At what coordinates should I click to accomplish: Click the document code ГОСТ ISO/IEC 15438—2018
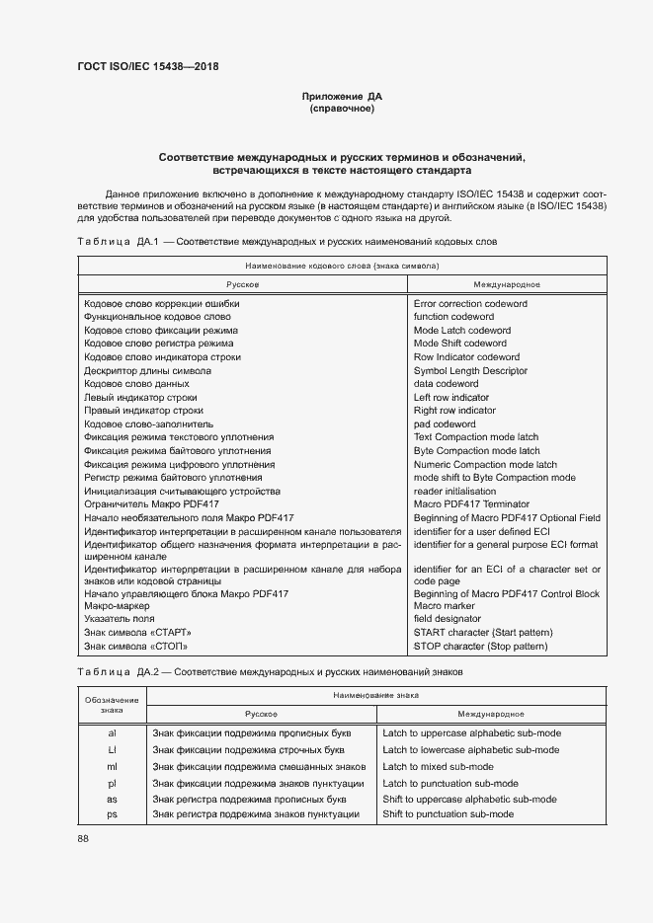point(147,66)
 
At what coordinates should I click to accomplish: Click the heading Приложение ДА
point(342,96)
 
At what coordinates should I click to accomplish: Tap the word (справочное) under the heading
point(342,109)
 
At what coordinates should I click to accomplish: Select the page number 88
point(83,838)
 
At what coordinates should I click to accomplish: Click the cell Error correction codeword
point(470,304)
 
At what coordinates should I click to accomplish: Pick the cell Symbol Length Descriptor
point(470,370)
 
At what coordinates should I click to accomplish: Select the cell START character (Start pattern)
point(483,633)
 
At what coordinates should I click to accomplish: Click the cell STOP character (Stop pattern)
point(480,647)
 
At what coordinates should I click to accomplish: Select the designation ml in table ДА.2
point(112,766)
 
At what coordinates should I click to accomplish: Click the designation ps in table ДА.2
point(112,813)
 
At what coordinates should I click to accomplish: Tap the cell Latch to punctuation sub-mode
point(449,783)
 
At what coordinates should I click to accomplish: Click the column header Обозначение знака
point(112,704)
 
